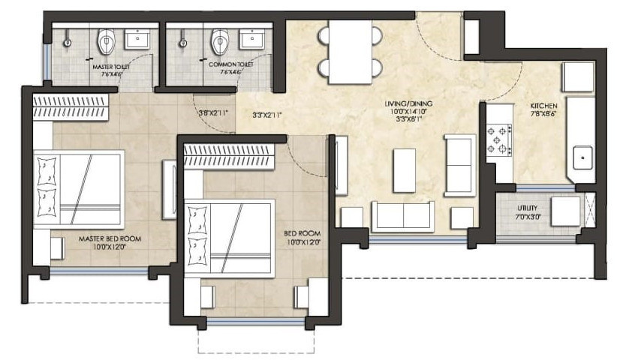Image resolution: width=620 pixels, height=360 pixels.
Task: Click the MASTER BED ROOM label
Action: click(110, 239)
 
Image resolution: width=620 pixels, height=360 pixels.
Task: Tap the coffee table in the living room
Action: click(404, 169)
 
